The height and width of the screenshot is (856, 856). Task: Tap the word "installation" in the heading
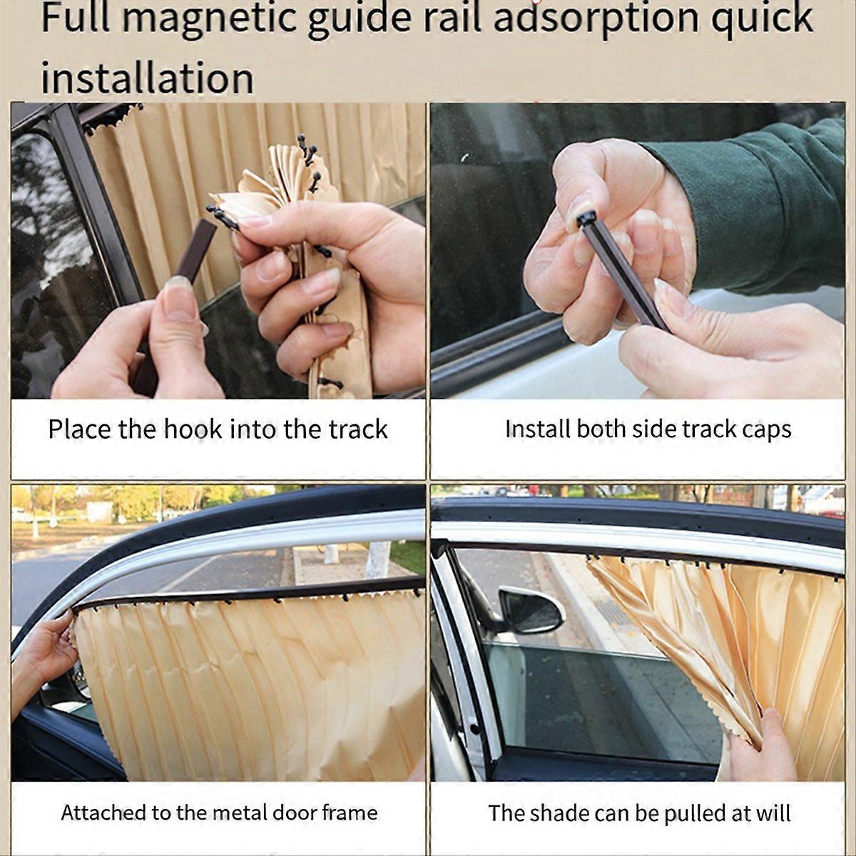(x=147, y=78)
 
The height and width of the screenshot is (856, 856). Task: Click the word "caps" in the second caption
(x=766, y=429)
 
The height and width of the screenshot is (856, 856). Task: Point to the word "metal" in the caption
(x=259, y=812)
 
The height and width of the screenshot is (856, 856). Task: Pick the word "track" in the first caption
(x=358, y=429)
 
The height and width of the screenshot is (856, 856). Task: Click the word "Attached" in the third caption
(x=103, y=812)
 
